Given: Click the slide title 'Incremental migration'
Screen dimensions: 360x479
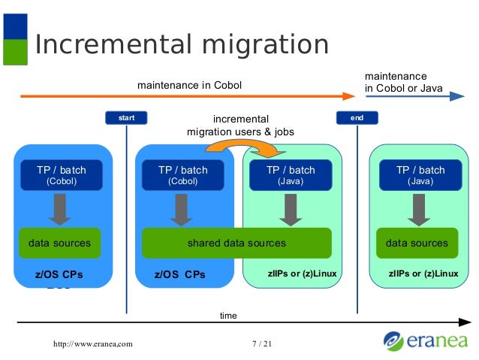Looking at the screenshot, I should [x=182, y=44].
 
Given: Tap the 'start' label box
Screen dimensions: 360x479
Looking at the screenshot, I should [x=127, y=118].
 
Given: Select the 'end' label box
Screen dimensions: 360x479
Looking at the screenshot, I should [x=357, y=118].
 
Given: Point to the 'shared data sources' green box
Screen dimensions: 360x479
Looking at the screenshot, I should [x=236, y=243].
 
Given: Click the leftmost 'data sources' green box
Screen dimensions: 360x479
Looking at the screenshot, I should [x=59, y=243].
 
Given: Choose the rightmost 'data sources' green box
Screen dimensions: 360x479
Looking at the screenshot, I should [x=417, y=243].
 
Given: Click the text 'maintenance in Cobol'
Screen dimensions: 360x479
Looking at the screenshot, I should [x=189, y=86].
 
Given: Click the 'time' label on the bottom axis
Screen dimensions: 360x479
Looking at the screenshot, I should [x=228, y=316].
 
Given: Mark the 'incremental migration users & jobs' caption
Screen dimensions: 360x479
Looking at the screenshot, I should [x=240, y=126].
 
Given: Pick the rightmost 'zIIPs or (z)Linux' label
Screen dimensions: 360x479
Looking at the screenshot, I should [x=423, y=274].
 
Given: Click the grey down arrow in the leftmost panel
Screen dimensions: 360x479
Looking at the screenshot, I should [x=60, y=209].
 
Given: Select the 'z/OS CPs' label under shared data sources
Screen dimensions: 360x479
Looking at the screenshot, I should [x=179, y=274].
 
